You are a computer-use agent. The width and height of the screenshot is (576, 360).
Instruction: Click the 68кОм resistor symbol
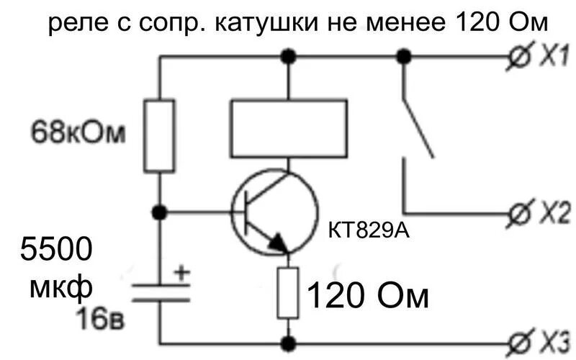click(160, 136)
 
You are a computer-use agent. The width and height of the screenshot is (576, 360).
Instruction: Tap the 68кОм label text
click(78, 133)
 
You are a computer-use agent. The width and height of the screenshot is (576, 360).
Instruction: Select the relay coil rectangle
click(288, 128)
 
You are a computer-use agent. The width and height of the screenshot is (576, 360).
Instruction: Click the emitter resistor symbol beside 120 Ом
click(289, 292)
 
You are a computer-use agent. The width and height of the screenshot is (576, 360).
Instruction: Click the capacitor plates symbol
click(160, 292)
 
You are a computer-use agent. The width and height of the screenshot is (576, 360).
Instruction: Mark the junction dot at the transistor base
click(160, 212)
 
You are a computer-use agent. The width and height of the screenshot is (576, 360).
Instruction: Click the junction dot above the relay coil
click(289, 56)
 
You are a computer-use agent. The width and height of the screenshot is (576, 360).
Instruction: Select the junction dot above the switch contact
click(404, 56)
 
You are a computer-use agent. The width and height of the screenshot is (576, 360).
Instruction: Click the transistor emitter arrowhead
click(278, 243)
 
